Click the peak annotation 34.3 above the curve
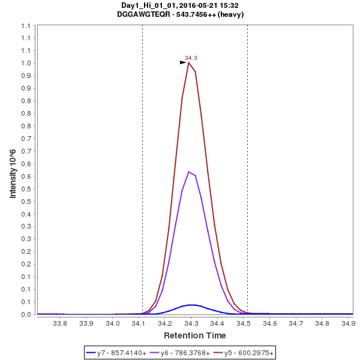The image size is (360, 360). (x=191, y=58)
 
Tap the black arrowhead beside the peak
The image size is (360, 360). (x=183, y=62)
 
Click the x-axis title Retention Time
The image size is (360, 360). (x=195, y=335)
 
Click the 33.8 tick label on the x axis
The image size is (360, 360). (x=61, y=323)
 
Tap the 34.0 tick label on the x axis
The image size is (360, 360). (x=113, y=323)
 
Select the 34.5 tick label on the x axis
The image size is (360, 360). (x=244, y=323)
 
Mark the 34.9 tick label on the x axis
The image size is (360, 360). (x=348, y=323)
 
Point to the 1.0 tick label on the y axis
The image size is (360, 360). (x=27, y=64)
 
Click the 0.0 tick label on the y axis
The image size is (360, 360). (x=27, y=314)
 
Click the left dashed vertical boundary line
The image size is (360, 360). (x=142, y=180)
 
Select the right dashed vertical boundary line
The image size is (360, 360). (x=247, y=180)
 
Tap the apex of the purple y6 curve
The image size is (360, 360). (x=188, y=172)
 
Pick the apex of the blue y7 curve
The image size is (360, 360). (x=191, y=305)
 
